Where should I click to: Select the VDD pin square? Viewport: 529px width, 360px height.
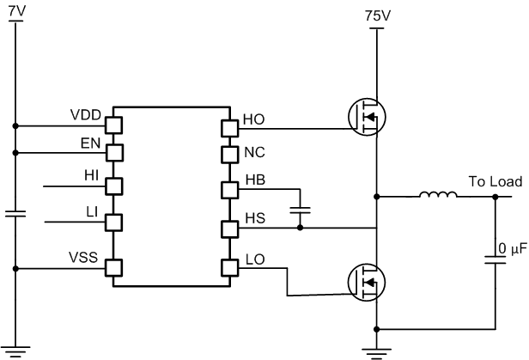click(113, 125)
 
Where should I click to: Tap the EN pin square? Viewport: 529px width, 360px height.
click(113, 153)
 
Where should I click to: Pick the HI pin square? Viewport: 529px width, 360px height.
click(113, 184)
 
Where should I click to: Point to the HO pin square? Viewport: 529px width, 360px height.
click(228, 128)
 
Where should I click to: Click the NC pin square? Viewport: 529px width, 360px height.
click(228, 155)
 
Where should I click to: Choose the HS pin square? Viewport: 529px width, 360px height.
click(228, 229)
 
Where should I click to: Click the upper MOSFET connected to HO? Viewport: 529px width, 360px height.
click(367, 115)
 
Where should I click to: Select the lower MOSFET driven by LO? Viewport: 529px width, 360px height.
click(367, 281)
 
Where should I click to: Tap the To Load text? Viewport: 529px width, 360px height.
click(496, 182)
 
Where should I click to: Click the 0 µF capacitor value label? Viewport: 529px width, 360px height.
click(513, 250)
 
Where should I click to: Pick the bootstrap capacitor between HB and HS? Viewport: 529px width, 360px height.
click(300, 209)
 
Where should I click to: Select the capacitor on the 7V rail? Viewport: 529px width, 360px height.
click(15, 213)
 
